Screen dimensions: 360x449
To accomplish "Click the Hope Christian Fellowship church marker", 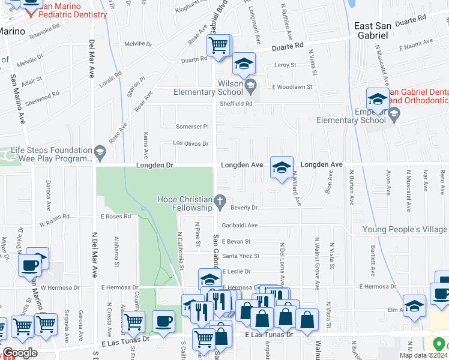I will coord(221,201).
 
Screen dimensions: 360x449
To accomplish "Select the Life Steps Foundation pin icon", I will coord(99,154).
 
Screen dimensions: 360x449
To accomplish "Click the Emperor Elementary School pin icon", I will coord(394,116).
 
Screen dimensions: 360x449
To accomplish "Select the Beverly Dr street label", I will coord(244,208).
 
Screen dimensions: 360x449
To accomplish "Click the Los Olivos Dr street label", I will coord(190,143).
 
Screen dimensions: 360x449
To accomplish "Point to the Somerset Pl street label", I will coord(191,127).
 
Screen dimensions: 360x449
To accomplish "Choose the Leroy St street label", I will coord(285,65).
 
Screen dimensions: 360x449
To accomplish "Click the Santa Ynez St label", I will coord(241,256).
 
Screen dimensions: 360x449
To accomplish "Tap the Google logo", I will coord(20,353).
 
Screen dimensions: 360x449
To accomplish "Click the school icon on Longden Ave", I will coord(281,168).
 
